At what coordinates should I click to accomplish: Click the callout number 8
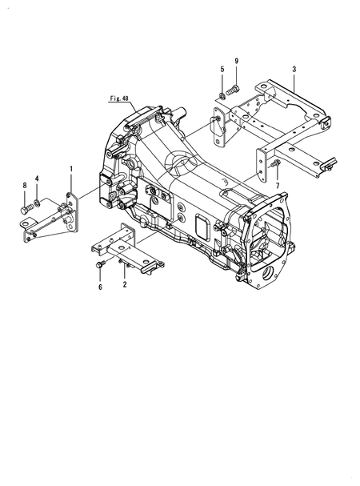coord(25,187)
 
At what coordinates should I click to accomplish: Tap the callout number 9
coord(237,62)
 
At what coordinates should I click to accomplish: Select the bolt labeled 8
coord(26,209)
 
